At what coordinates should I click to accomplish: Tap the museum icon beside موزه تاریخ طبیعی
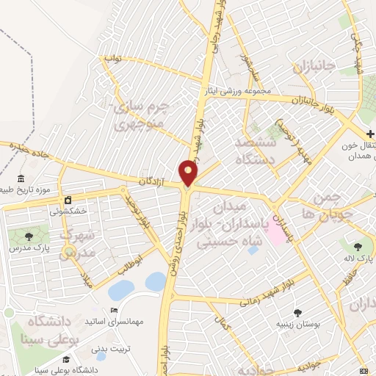[20, 180]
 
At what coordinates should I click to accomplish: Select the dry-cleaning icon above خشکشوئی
[68, 199]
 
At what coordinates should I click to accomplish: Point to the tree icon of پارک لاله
[358, 247]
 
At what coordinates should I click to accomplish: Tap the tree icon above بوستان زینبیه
[299, 312]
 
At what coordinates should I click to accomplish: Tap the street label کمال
[222, 320]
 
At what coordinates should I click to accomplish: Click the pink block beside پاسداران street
[276, 232]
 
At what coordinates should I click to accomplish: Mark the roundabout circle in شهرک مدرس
[69, 252]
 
